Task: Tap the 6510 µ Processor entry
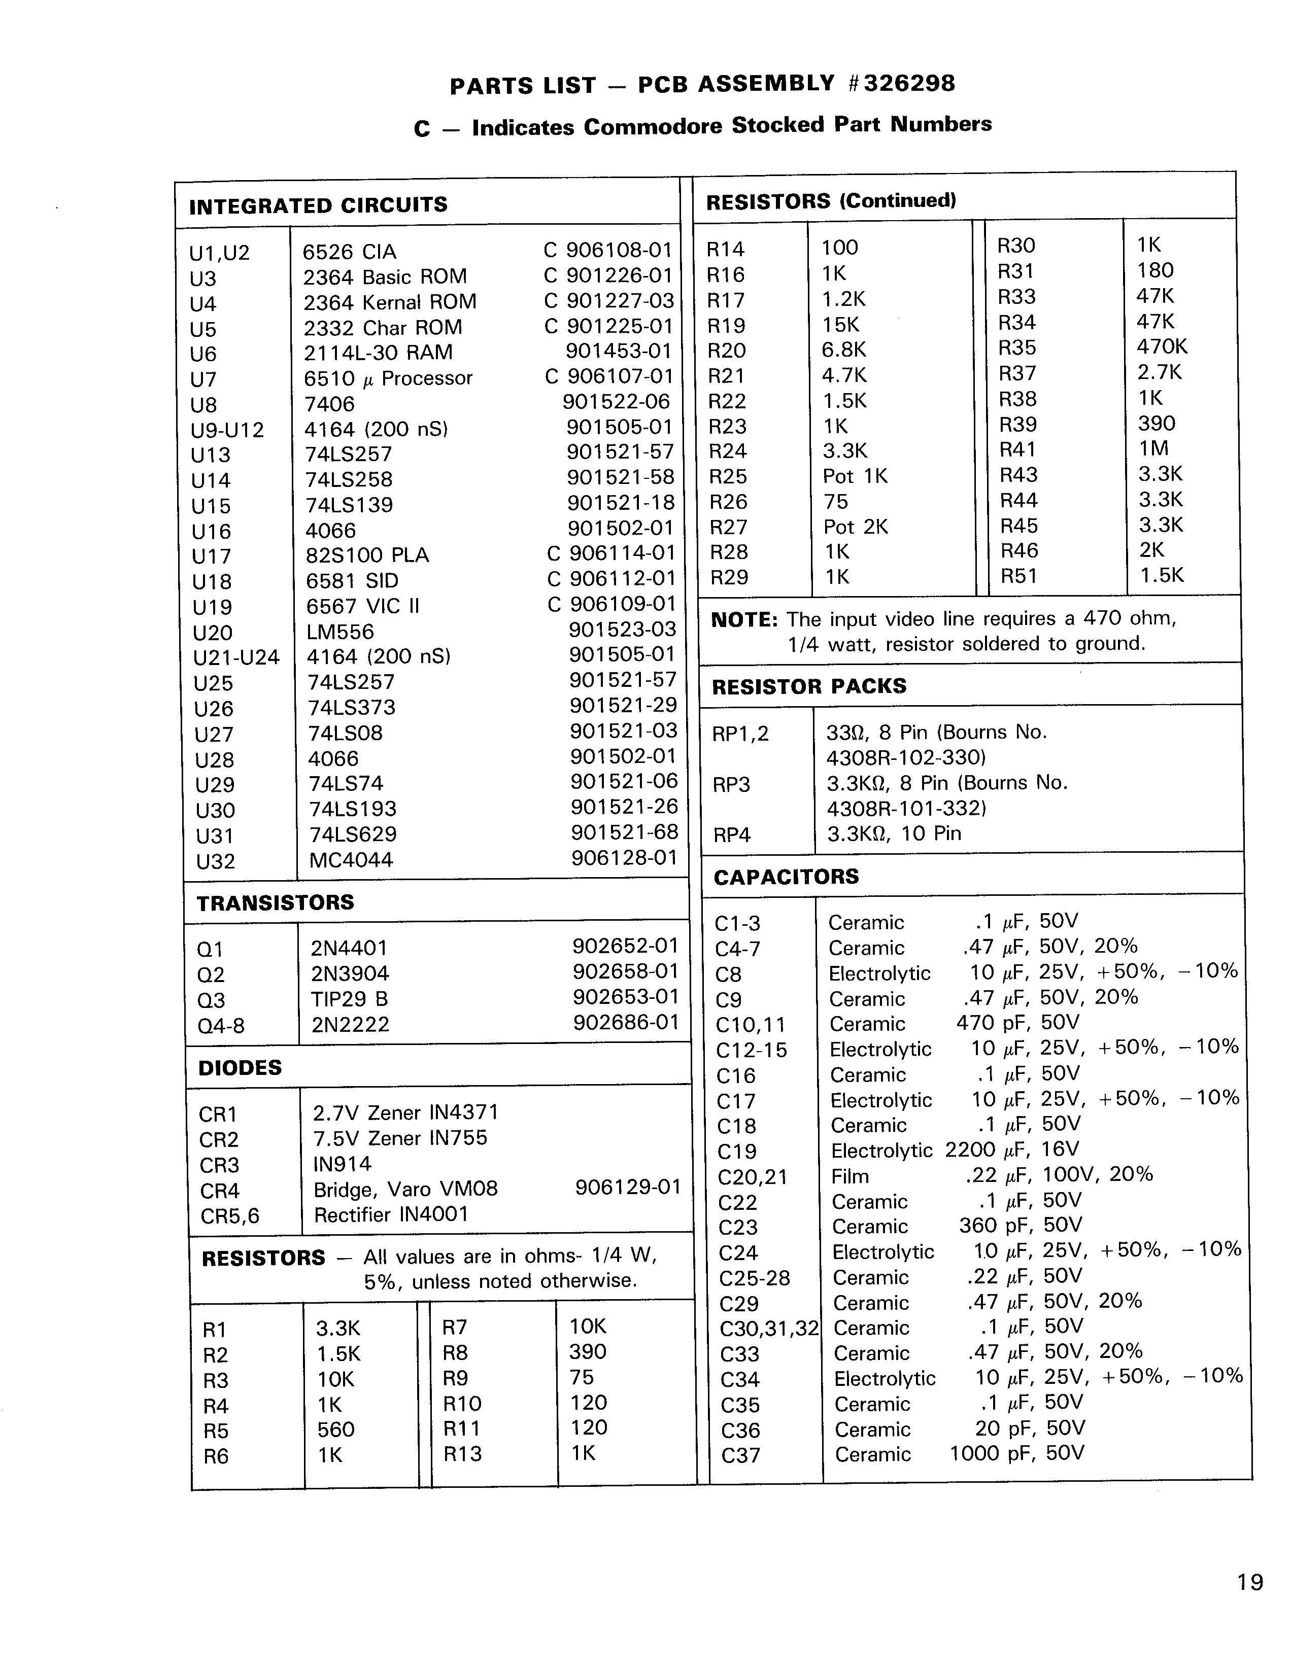click(x=388, y=378)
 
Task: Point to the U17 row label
click(x=211, y=556)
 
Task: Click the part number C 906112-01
click(x=611, y=579)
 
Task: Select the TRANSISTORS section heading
click(x=275, y=902)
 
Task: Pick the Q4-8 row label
click(x=221, y=1026)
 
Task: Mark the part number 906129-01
click(x=627, y=1187)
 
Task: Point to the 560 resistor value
click(x=335, y=1430)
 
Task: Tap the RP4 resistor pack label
click(x=731, y=834)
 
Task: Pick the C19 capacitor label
click(x=737, y=1152)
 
